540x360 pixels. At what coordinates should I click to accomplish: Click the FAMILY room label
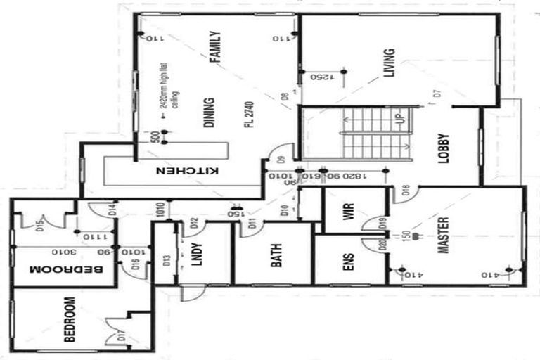click(x=215, y=48)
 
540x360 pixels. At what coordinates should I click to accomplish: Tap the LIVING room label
click(x=389, y=63)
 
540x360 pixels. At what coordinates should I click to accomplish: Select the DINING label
click(x=209, y=112)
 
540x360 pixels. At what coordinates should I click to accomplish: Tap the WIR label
click(x=348, y=212)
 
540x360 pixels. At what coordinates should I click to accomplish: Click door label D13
click(x=167, y=260)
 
